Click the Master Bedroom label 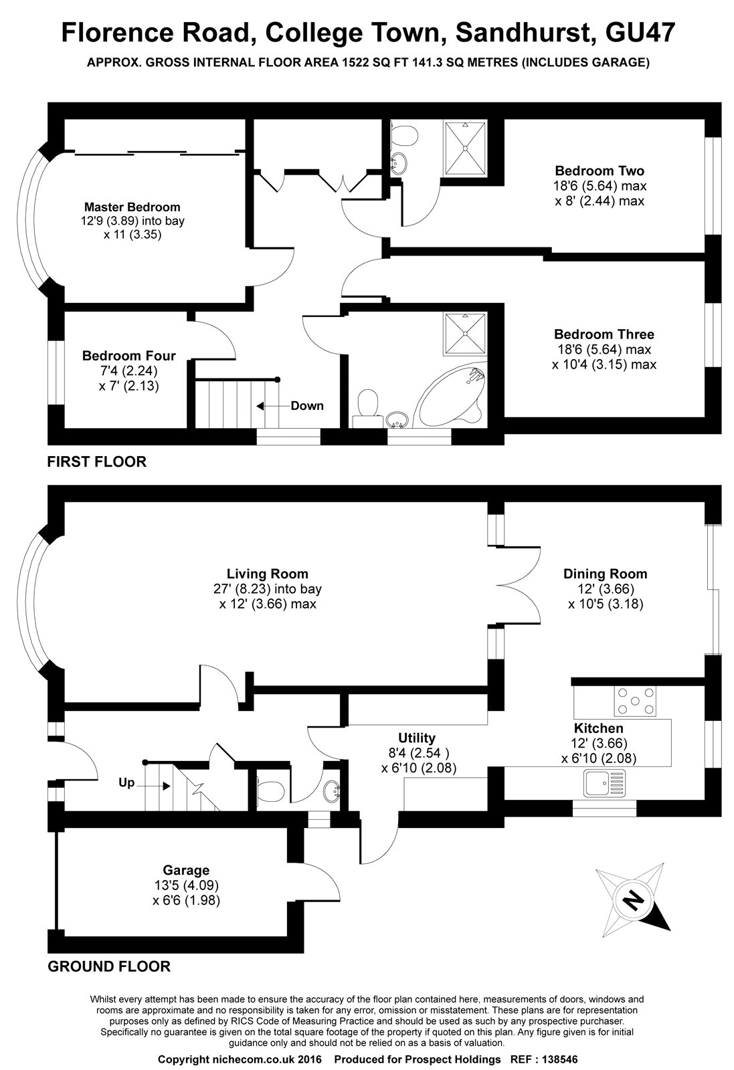tap(132, 207)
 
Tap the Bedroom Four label tap(128, 356)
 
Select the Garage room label tap(186, 870)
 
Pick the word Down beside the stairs tap(307, 405)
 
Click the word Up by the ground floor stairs tap(126, 782)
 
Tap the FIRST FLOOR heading tap(96, 461)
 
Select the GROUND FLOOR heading tap(108, 966)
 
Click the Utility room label tap(417, 738)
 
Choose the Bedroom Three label tap(604, 334)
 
